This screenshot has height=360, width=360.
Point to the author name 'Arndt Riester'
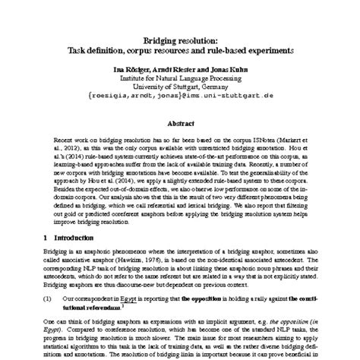[172, 68]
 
